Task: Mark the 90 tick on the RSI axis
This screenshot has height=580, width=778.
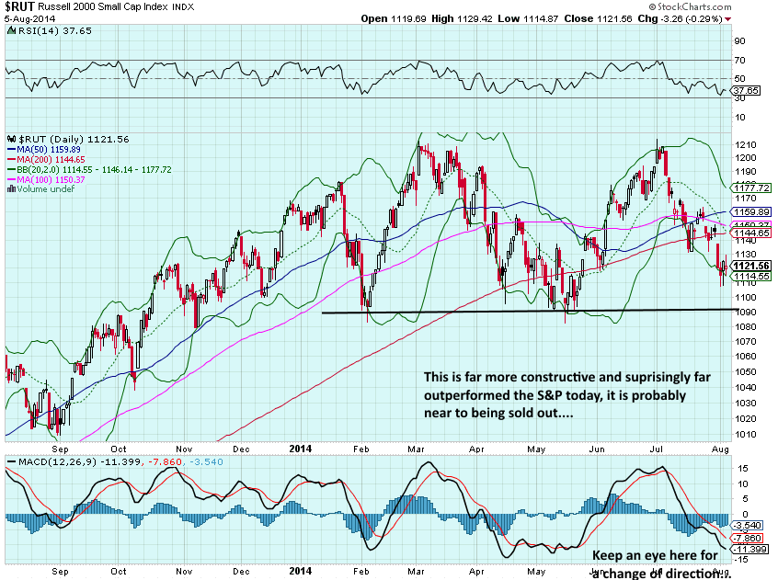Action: [x=738, y=40]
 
